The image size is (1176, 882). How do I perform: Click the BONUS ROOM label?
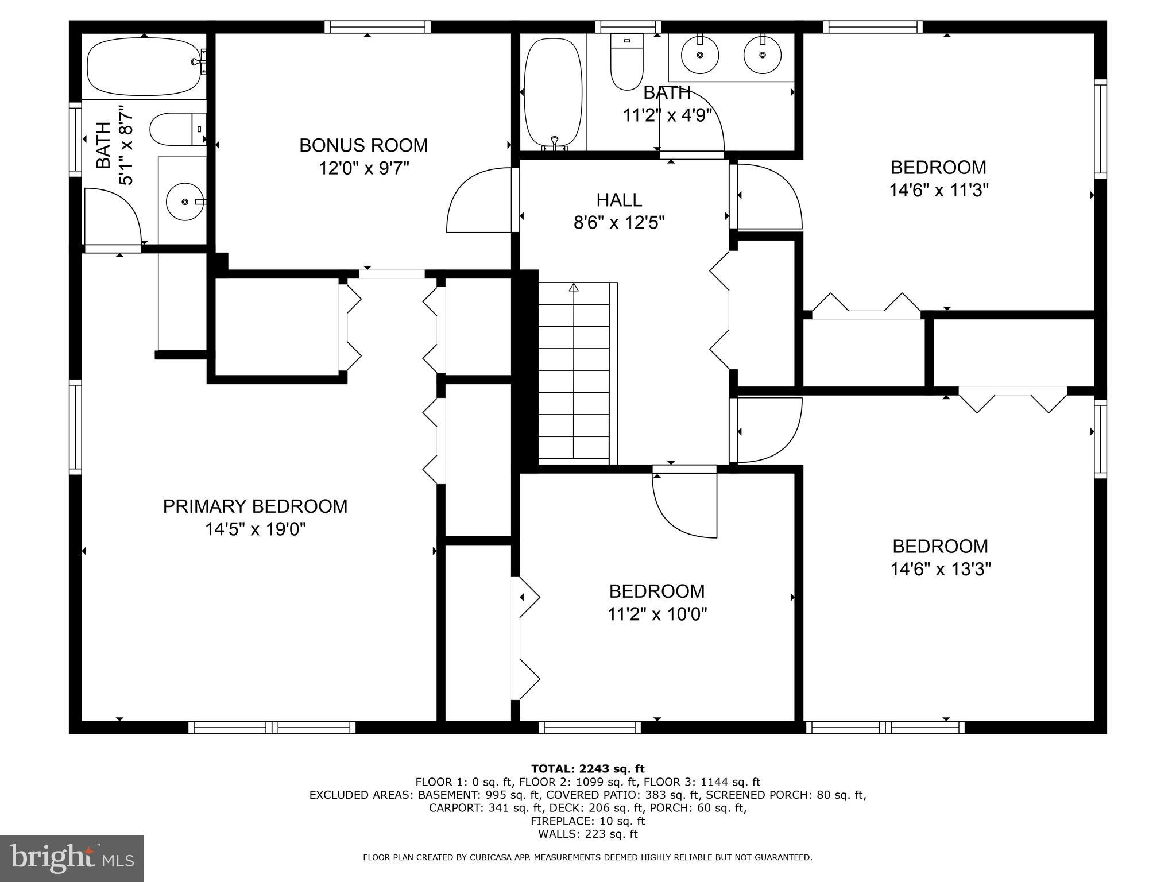coord(363,145)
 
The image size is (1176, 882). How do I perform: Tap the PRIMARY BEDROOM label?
coord(255,506)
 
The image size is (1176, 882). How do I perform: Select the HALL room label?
coord(618,200)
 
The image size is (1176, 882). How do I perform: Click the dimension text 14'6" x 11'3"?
coord(938,190)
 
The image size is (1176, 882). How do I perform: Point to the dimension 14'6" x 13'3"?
coord(940,569)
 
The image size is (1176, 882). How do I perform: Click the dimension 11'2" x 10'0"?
coord(657,614)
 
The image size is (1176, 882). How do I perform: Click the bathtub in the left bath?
coord(144,67)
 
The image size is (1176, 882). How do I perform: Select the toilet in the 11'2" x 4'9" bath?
coord(626,62)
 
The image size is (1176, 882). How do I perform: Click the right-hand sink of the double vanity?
coord(762,55)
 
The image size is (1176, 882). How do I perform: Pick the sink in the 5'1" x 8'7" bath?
coord(185,202)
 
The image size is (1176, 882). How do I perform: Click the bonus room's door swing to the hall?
coord(479,201)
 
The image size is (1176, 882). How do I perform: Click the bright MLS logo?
coord(72,858)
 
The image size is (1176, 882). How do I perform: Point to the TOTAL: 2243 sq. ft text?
coord(587,768)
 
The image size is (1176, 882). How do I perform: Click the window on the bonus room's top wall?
coord(377,26)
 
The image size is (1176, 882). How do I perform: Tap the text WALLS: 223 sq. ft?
coord(587,834)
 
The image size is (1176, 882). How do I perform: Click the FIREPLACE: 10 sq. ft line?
coord(587,821)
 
